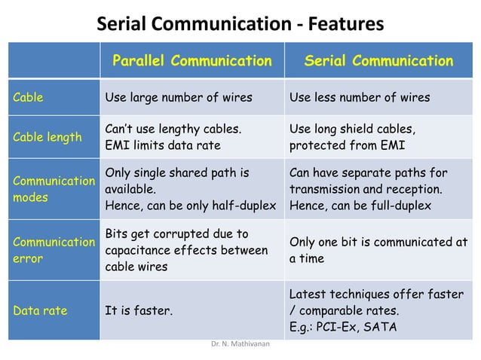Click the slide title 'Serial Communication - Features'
(240, 25)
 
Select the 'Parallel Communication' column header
(191, 61)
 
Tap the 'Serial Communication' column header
(378, 61)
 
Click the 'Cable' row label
(28, 97)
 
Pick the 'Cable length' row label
(47, 137)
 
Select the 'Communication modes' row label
(53, 189)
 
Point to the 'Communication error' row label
(53, 250)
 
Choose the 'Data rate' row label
(39, 310)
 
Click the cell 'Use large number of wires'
(179, 97)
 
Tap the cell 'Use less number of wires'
(360, 97)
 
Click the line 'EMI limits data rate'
(162, 145)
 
